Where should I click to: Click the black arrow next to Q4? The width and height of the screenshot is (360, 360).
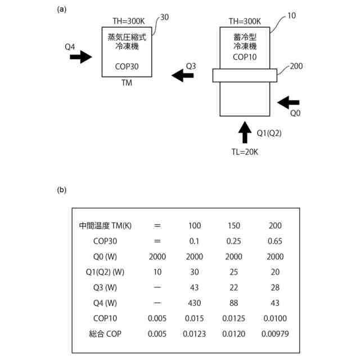coord(81,57)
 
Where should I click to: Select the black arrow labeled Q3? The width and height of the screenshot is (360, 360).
coord(182,75)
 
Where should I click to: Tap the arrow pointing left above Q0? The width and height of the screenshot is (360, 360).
coord(289,102)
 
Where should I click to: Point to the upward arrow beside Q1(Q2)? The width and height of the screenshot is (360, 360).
coord(245,133)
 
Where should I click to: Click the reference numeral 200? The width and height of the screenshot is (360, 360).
coord(297,66)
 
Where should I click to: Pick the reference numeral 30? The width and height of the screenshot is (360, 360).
coord(164,17)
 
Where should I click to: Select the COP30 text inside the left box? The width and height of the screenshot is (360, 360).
coord(127,66)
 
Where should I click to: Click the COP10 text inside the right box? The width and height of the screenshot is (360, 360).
coord(245,57)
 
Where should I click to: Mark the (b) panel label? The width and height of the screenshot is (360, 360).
coord(62,190)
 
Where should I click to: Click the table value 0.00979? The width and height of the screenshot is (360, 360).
coord(274,334)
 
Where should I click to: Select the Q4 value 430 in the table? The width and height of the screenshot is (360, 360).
coord(194,302)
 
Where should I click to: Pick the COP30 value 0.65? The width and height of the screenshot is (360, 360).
coord(274,241)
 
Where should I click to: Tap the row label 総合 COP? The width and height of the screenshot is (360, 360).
coord(105,334)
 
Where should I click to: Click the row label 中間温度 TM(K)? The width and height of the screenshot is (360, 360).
coord(105,226)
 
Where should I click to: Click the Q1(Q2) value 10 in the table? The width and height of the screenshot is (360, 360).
coord(157,272)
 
